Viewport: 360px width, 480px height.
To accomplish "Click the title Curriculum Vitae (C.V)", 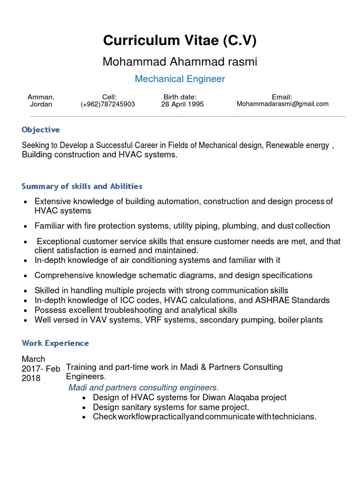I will [x=180, y=41].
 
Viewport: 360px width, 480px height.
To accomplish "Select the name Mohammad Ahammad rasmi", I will [x=180, y=62].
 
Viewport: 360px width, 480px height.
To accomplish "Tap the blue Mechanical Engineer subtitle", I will [x=180, y=79].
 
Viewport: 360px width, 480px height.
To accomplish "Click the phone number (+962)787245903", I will [x=108, y=104].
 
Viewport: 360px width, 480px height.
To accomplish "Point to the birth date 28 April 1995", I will [x=182, y=104].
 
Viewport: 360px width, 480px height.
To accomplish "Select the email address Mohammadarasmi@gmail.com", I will [x=283, y=104].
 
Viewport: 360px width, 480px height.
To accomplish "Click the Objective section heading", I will [x=41, y=130].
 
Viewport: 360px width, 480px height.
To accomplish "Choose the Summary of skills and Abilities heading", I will [x=82, y=187].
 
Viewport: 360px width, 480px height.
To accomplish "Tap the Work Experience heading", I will [x=55, y=343].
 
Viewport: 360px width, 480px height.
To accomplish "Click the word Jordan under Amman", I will [x=41, y=104].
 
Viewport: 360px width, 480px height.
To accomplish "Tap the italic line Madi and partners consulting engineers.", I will [x=143, y=388].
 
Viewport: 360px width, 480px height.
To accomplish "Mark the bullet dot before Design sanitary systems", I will [x=83, y=407].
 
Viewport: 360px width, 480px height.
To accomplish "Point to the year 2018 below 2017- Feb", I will [x=31, y=378].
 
